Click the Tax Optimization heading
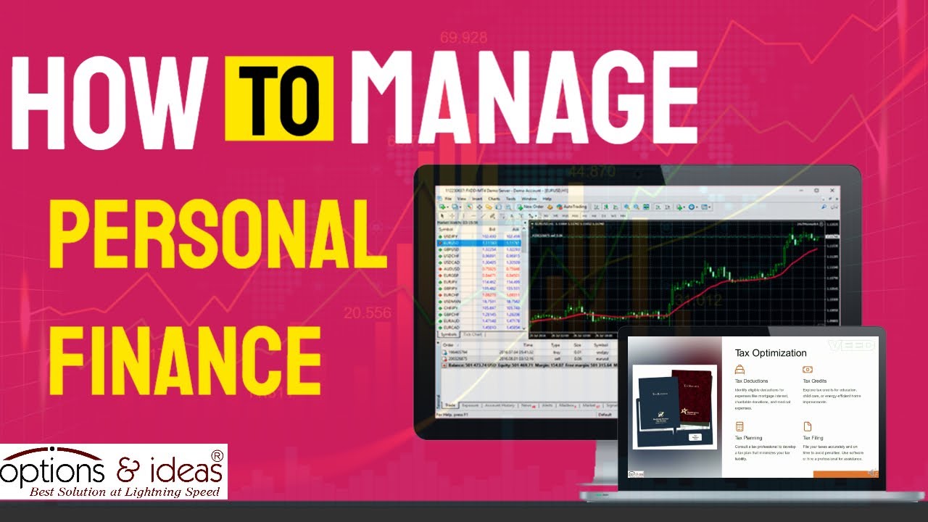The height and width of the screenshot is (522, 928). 770,353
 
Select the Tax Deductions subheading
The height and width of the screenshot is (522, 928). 751,381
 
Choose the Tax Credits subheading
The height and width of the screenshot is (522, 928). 815,381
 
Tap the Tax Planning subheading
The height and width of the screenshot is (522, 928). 748,438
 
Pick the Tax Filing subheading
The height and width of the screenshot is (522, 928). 813,438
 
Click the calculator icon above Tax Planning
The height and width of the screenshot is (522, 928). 739,426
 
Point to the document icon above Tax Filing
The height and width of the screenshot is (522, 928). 807,426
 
